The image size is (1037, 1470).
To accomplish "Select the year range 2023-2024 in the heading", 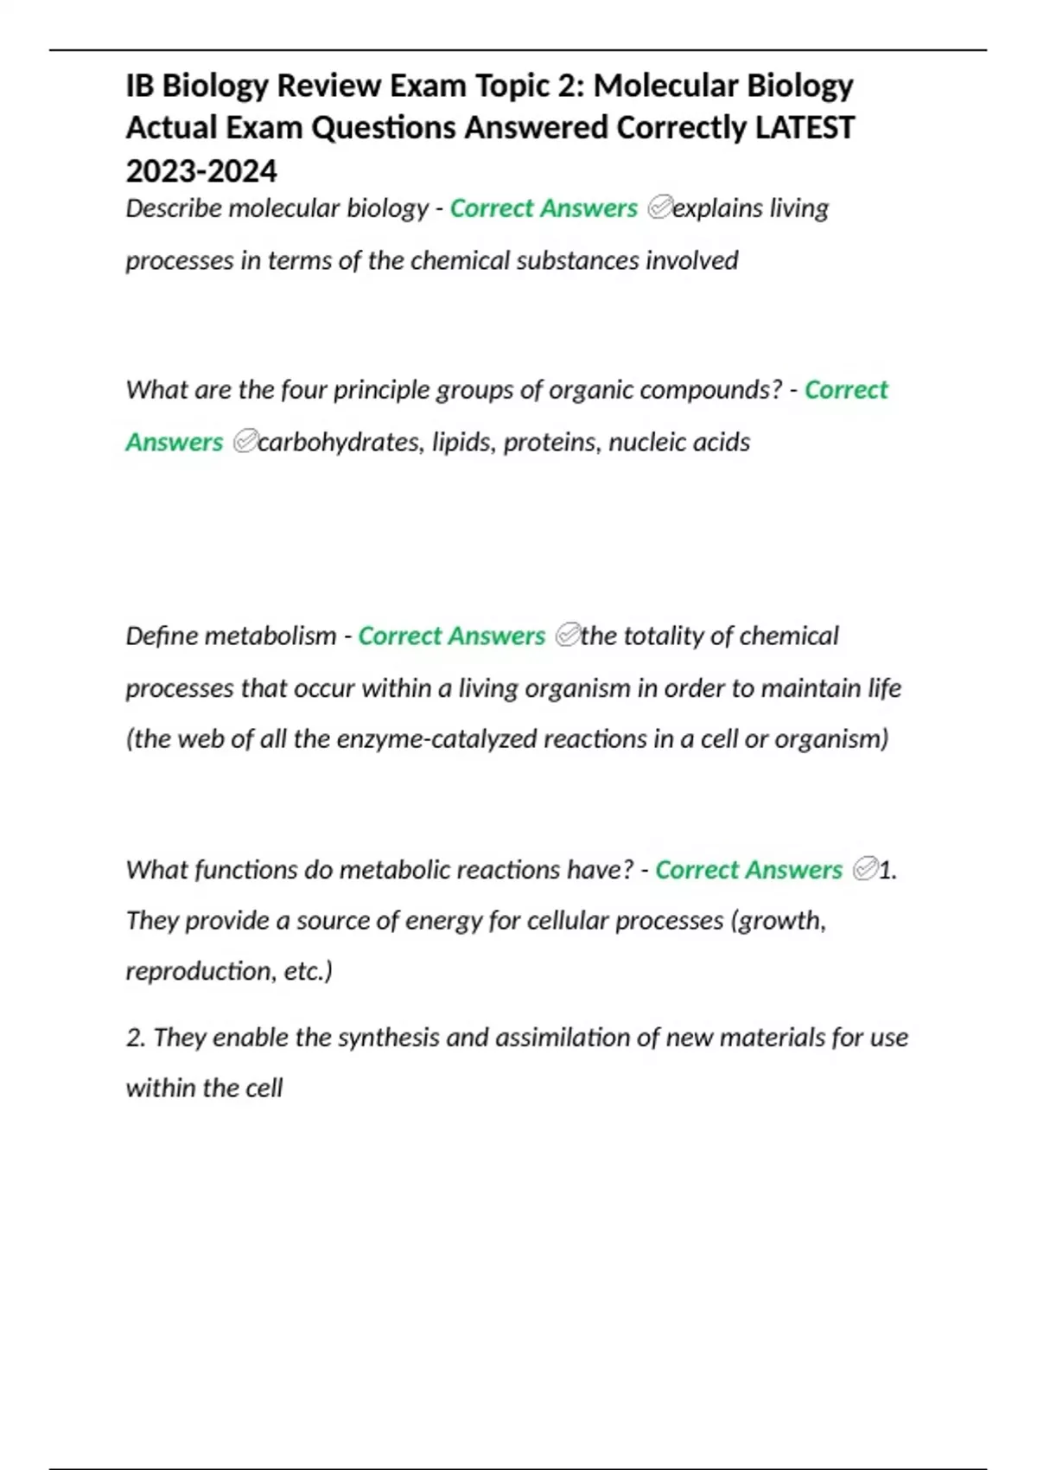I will [x=201, y=171].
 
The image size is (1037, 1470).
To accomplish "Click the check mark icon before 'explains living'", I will [x=658, y=208].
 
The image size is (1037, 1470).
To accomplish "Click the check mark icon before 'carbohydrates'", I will [x=245, y=442].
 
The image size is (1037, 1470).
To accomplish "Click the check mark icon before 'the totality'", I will [x=567, y=636].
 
